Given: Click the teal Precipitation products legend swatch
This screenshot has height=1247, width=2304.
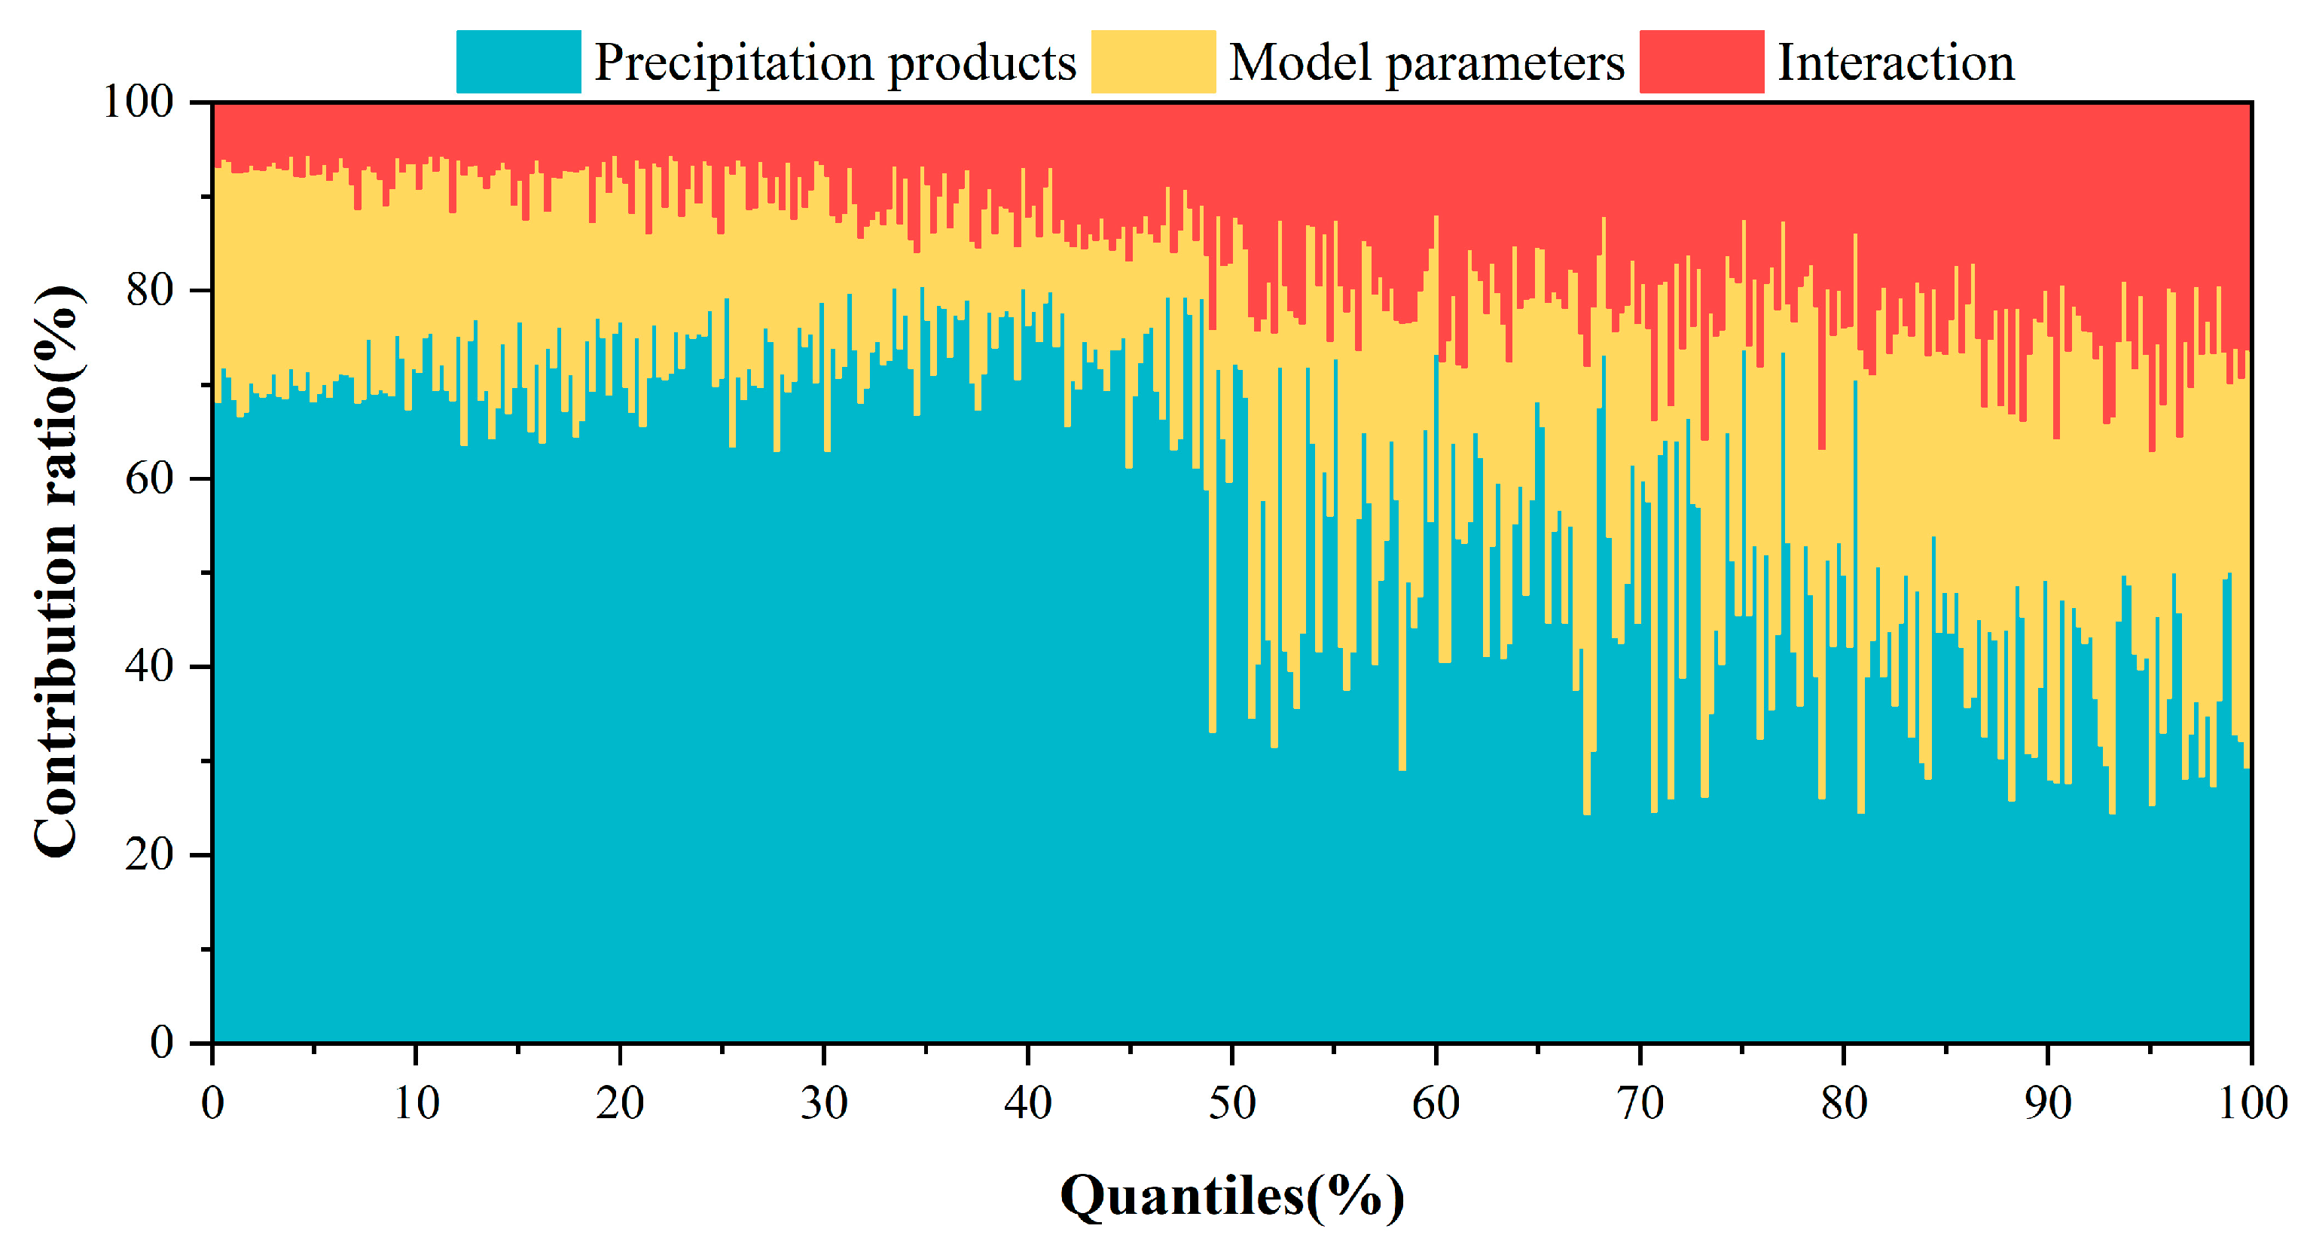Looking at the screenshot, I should (x=518, y=62).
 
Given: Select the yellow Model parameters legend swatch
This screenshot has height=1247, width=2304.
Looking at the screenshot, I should (x=1153, y=62).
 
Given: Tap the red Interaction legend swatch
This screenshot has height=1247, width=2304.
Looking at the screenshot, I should (x=1701, y=62).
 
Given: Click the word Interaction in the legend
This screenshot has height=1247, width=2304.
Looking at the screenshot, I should (x=1895, y=63).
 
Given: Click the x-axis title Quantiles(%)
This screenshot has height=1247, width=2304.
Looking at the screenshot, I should (x=1231, y=1195).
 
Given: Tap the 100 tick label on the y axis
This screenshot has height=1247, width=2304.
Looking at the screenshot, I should (x=138, y=102).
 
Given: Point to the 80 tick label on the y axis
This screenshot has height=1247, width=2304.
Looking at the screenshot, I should (x=149, y=290).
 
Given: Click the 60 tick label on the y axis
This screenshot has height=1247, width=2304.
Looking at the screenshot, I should (x=149, y=478).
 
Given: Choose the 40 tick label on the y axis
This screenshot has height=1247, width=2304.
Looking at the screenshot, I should (x=149, y=666).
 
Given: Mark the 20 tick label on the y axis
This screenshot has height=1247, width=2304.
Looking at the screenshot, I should (x=149, y=854).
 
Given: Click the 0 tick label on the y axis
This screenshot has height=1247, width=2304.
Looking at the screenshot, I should (x=162, y=1042).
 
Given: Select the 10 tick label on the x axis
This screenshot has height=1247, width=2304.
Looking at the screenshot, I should (x=416, y=1103).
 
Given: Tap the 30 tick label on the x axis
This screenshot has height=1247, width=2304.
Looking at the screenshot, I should (x=824, y=1103).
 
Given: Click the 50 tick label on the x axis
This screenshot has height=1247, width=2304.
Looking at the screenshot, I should (x=1231, y=1103).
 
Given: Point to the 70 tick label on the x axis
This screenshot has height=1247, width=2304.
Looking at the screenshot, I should (x=1640, y=1103).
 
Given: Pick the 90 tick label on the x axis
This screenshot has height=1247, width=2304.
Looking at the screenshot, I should (x=2047, y=1103).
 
